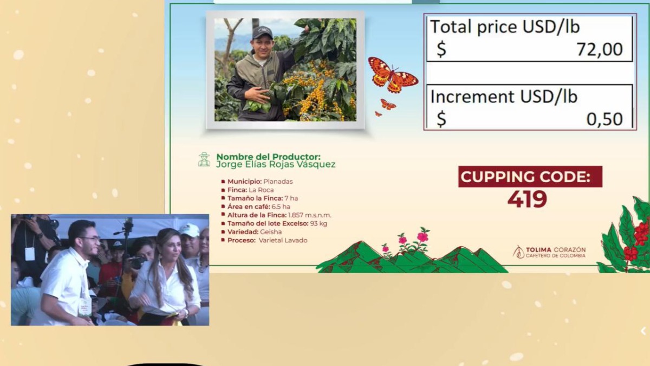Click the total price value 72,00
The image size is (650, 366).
point(600,49)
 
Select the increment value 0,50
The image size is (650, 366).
point(604,119)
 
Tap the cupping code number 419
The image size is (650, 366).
point(527,200)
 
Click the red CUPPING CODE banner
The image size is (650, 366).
point(530,177)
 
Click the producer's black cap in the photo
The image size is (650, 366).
point(262,32)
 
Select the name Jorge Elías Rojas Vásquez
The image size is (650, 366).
point(276,164)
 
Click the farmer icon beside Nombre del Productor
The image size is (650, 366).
point(204,159)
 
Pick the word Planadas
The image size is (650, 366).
point(278,182)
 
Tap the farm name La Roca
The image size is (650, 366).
point(261,190)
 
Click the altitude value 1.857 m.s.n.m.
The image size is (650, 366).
point(310,215)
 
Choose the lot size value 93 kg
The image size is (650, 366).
point(318,223)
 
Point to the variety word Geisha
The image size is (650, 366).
point(271,232)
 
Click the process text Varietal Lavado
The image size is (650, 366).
point(283,240)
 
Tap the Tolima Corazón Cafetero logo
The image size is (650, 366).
point(549,252)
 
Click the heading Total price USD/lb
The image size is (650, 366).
point(505,27)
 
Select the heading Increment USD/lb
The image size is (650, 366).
point(504,97)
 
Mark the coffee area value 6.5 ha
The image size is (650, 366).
point(281,207)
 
